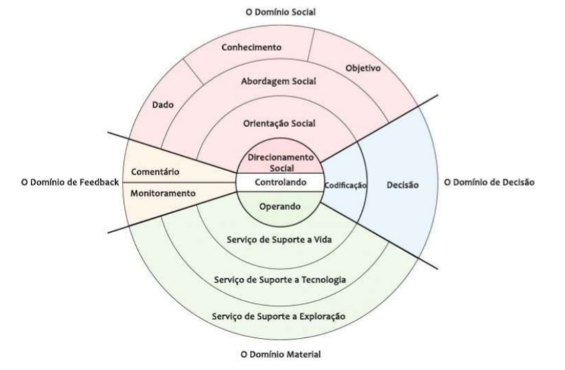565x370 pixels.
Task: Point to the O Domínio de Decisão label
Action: (489, 182)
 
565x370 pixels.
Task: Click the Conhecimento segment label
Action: (252, 48)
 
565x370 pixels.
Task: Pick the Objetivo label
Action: (362, 68)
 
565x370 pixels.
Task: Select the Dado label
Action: (159, 105)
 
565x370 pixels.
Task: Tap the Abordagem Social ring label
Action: (278, 82)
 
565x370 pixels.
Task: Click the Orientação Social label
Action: (278, 123)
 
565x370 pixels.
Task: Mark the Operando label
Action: (278, 207)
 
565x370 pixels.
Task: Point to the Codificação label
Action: (345, 185)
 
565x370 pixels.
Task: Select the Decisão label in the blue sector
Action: (403, 185)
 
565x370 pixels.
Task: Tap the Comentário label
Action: (155, 171)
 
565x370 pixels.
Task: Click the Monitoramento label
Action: (164, 193)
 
